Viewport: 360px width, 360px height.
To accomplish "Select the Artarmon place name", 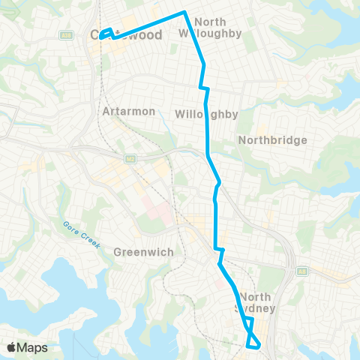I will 128,111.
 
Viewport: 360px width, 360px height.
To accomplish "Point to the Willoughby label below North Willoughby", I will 196,114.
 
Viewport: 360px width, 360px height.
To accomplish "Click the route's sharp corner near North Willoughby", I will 184,12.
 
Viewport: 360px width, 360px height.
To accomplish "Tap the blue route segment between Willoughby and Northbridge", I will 208,135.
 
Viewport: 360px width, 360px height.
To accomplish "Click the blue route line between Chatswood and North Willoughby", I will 150,23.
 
